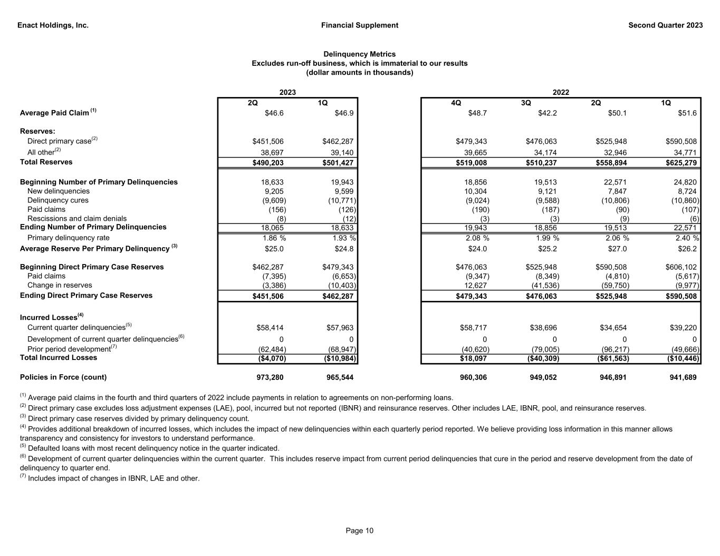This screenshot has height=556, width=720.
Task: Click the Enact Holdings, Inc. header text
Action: point(53,25)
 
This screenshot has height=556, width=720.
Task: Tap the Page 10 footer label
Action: point(359,531)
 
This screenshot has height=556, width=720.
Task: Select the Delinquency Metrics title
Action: point(359,54)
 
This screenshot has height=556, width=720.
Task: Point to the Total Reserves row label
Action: point(46,162)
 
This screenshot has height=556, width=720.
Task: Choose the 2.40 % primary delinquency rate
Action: point(685,238)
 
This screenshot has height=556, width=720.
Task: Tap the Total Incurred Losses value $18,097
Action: point(472,358)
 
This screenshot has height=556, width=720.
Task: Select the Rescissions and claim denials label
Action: point(77,218)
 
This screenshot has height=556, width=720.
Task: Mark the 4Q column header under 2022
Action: point(456,103)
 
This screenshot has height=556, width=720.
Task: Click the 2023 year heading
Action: point(287,92)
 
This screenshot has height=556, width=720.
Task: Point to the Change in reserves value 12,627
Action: point(476,286)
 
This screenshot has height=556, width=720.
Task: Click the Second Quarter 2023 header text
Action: point(665,25)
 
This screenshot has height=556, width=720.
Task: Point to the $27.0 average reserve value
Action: point(618,249)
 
